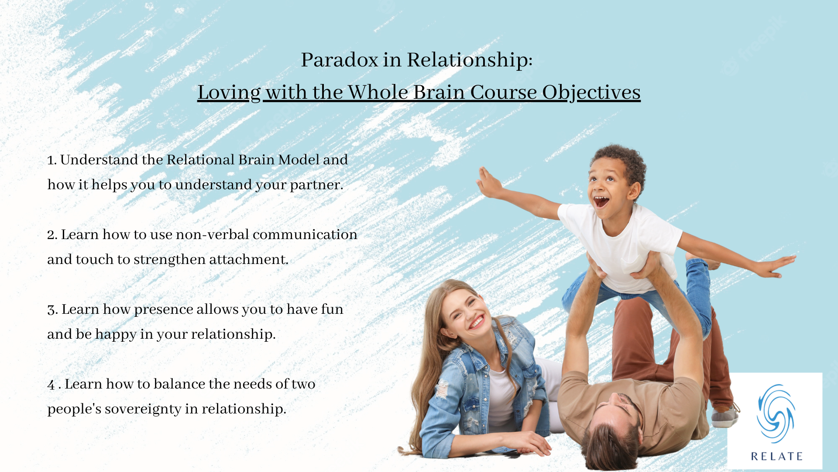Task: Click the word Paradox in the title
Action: coord(340,60)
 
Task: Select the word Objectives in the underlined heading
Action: coord(591,93)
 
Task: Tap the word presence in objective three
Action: coord(164,310)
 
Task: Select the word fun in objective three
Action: coord(332,309)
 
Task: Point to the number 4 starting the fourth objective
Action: coord(51,385)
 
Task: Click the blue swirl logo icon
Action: coord(776,413)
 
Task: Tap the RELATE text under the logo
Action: coord(776,457)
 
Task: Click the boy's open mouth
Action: coord(601,201)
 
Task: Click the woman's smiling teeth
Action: coord(477,322)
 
